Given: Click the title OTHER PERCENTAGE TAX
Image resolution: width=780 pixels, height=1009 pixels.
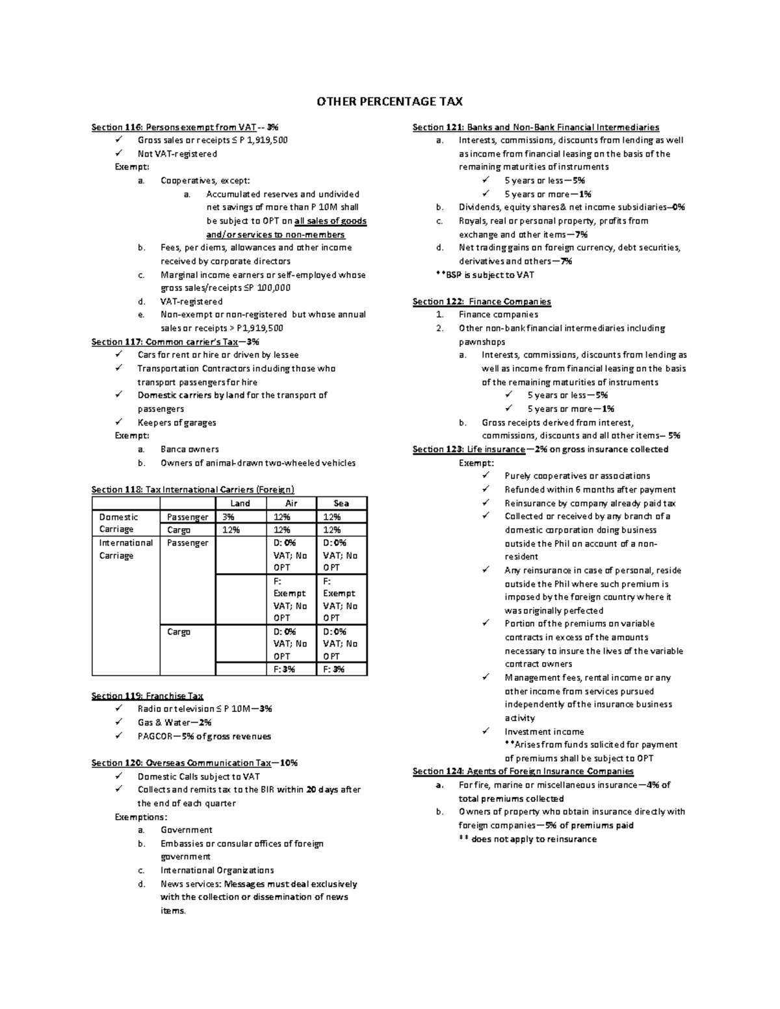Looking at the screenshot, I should [389, 101].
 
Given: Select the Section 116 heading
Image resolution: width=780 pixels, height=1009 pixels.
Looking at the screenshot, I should [185, 127].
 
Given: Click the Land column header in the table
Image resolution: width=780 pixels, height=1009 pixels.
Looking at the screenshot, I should [240, 503].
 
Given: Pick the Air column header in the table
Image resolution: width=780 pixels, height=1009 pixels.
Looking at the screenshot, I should [291, 503].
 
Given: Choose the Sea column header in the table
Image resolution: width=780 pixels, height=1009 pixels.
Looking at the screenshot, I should [341, 503].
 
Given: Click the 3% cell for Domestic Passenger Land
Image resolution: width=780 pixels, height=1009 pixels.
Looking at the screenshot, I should [228, 517].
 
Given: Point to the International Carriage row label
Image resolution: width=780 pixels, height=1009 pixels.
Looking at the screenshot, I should [125, 549].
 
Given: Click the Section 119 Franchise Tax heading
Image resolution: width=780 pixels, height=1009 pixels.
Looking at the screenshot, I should [148, 696].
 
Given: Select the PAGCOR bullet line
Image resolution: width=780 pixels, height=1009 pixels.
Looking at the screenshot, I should [204, 736].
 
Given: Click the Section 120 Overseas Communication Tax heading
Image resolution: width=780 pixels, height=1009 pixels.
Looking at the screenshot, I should [194, 763].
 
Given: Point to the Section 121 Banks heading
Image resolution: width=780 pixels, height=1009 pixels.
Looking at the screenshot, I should [536, 127].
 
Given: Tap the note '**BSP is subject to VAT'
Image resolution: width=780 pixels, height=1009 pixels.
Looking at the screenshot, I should [484, 275].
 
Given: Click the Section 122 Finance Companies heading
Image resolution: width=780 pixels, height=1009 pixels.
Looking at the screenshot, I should [482, 301].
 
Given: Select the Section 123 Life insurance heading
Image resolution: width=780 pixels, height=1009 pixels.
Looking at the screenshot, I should [540, 449].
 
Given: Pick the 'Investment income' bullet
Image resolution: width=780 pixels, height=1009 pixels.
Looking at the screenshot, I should [544, 732].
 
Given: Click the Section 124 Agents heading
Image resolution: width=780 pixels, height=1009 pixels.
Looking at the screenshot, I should [523, 771].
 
